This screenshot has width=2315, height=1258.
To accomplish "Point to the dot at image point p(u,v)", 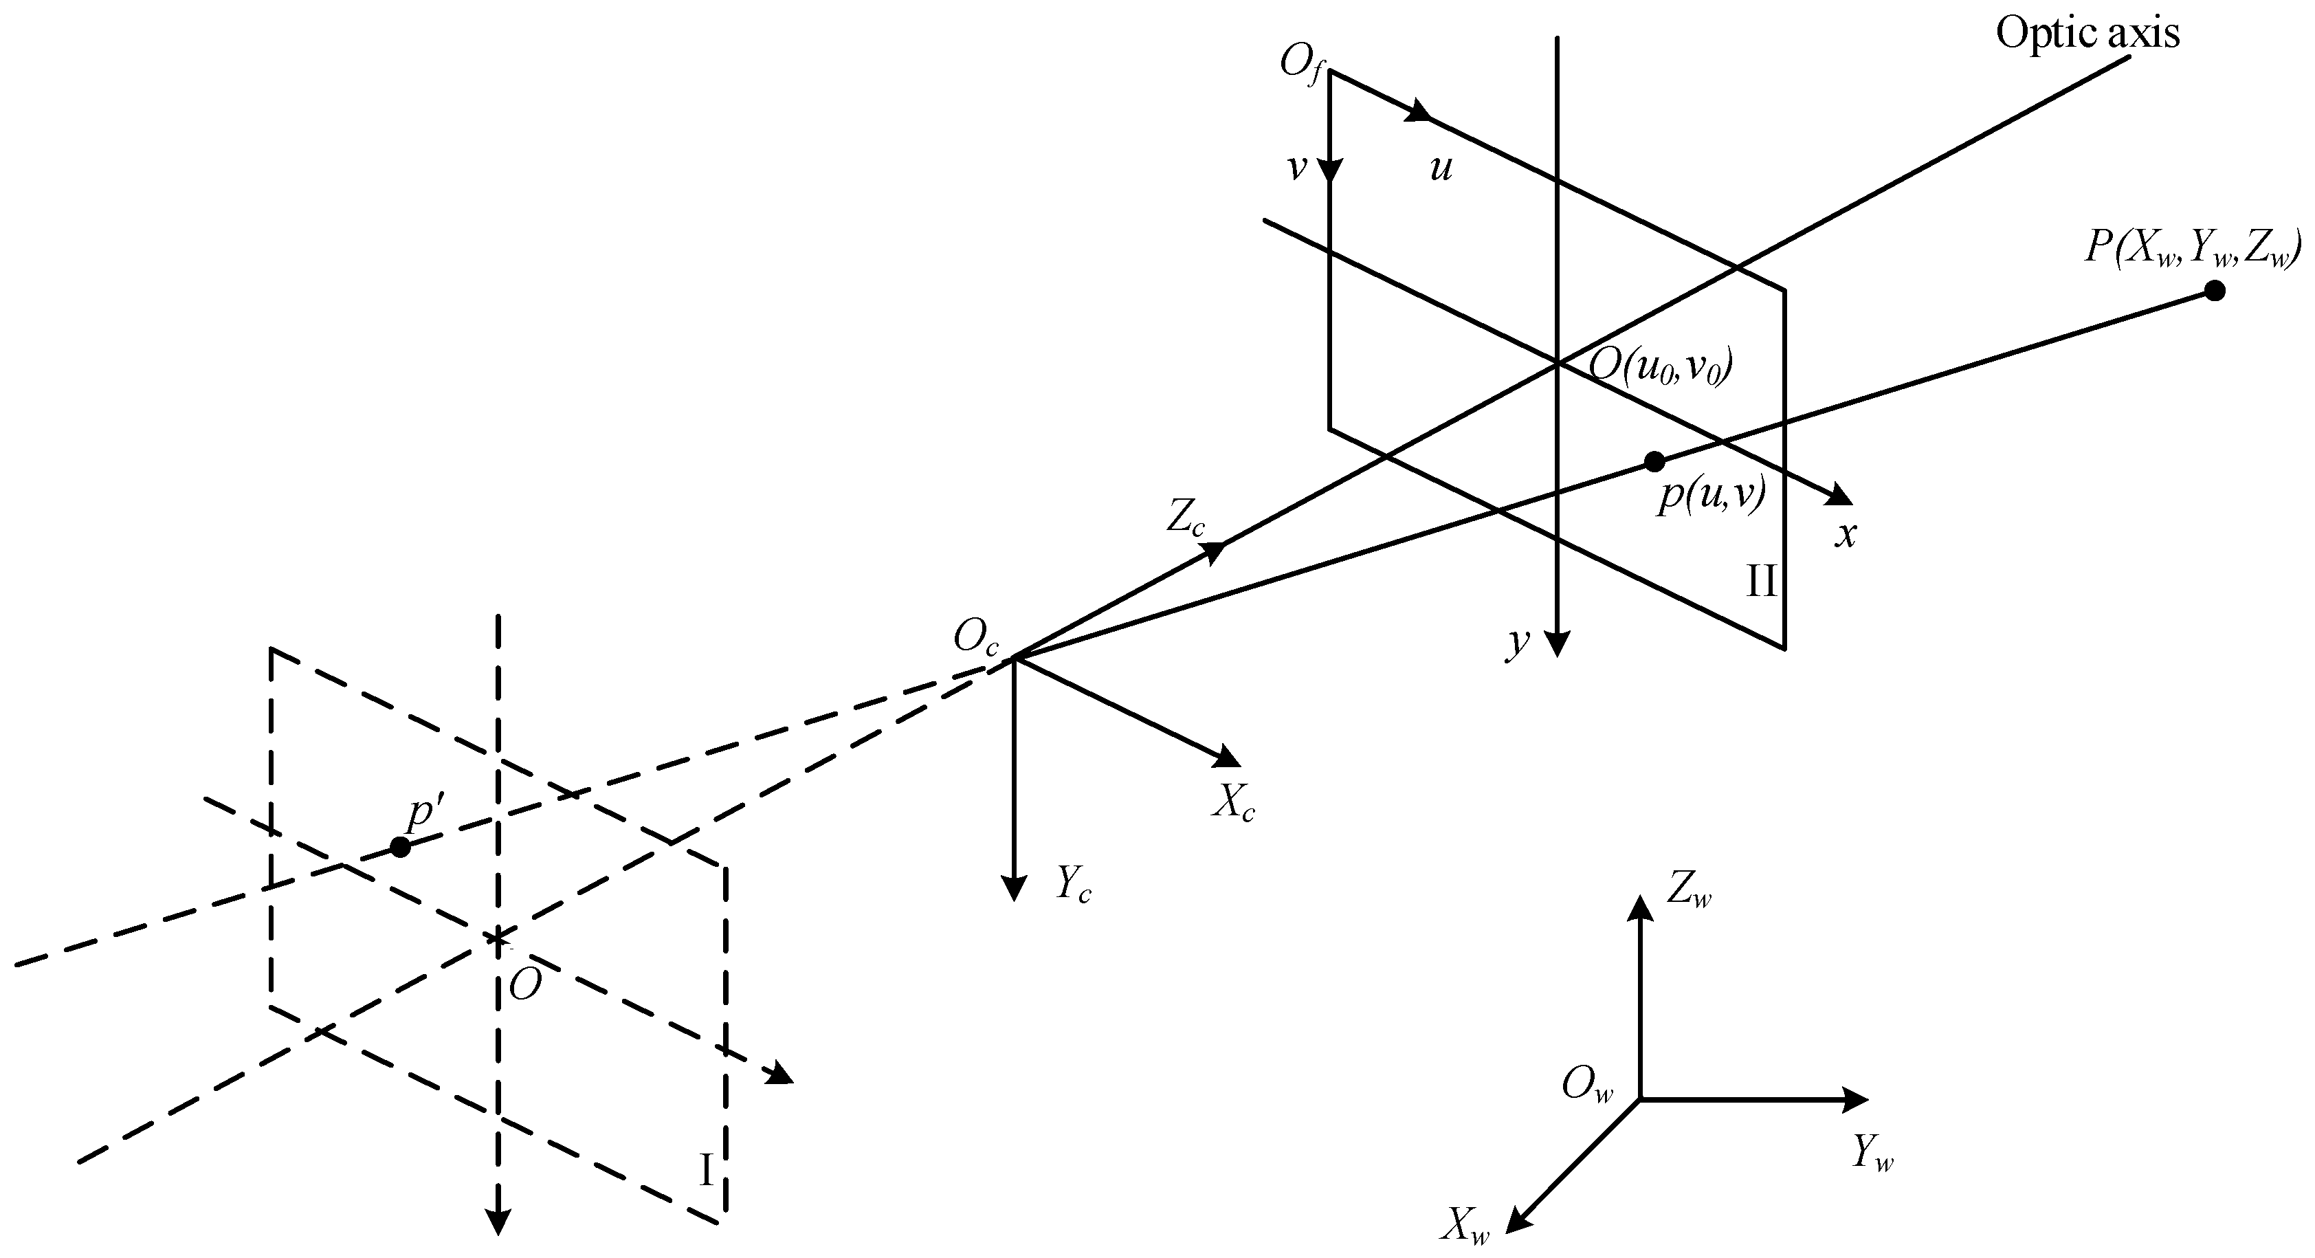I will point(1654,461).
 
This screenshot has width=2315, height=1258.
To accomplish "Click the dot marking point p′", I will point(401,846).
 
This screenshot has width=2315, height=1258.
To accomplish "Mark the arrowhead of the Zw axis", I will point(1641,909).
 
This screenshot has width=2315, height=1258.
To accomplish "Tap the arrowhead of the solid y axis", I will point(1558,643).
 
